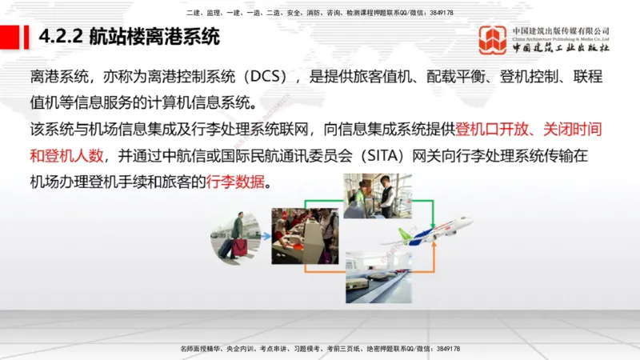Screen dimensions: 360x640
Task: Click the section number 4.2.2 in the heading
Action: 61,38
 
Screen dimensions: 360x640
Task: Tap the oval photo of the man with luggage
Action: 235,238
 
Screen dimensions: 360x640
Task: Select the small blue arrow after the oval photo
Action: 266,238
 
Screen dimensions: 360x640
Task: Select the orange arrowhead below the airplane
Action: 433,249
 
